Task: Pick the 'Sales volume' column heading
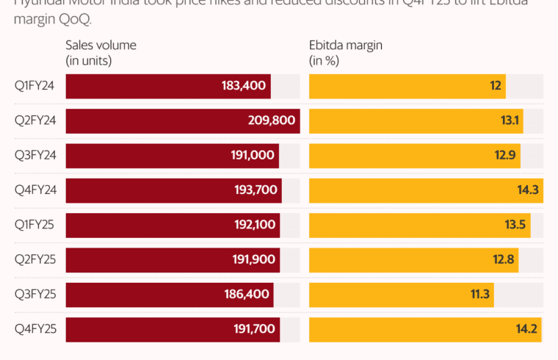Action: pos(101,45)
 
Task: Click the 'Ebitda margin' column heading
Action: pos(346,45)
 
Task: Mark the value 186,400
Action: pos(246,295)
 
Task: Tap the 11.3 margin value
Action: pos(479,295)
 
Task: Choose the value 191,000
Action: pos(252,155)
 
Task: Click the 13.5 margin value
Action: pos(515,225)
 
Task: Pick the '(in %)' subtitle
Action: pos(324,60)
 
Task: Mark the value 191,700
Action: pos(254,329)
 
